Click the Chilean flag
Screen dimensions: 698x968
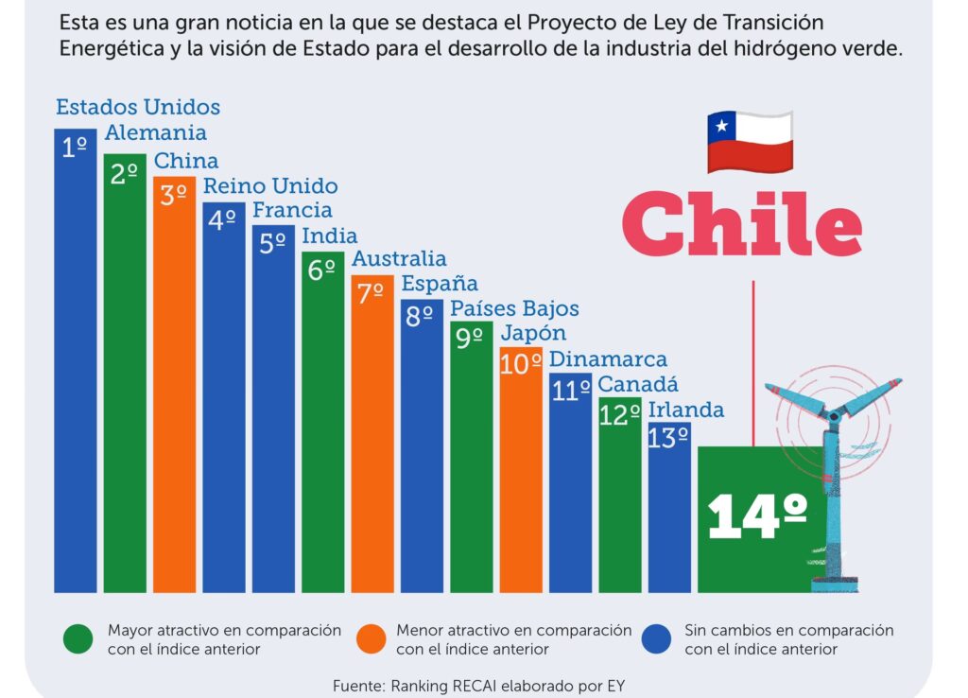(x=750, y=142)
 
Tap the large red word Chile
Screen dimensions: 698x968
(x=741, y=225)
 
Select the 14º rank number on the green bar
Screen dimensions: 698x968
(x=757, y=516)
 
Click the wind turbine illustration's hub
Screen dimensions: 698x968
(x=833, y=413)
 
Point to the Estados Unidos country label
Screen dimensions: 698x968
(x=138, y=107)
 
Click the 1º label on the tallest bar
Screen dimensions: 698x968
(x=75, y=147)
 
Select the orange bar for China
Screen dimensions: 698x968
(x=175, y=397)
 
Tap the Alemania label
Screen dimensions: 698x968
(x=155, y=133)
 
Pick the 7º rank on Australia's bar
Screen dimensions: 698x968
(x=371, y=292)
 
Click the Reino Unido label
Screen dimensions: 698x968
(x=270, y=185)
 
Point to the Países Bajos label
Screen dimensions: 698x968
(x=514, y=308)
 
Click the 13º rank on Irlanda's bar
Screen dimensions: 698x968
(x=668, y=438)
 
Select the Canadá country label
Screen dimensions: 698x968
(x=638, y=385)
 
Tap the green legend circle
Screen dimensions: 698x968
(x=78, y=639)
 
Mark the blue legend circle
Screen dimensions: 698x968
(x=656, y=639)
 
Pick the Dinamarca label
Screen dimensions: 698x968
(x=608, y=359)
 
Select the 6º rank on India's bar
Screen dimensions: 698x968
(x=322, y=269)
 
